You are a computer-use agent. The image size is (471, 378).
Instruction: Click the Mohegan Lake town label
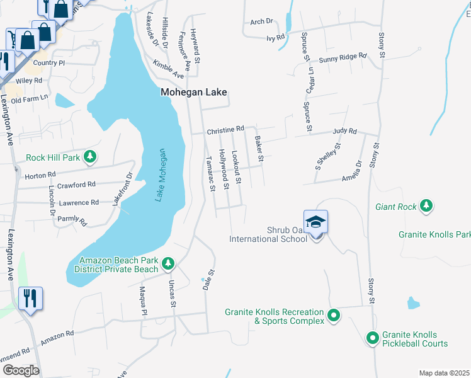pos(193,92)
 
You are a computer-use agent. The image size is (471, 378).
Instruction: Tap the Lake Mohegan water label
pos(161,175)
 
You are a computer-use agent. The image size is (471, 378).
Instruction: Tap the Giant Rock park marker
pos(427,206)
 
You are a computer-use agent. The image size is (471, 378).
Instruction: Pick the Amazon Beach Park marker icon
pos(167,264)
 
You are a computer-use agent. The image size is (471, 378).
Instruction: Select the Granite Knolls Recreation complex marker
pos(334,316)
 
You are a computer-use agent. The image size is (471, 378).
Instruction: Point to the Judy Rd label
pos(344,132)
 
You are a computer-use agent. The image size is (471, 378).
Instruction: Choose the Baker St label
pos(258,149)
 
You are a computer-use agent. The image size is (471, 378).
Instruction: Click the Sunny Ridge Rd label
pos(343,57)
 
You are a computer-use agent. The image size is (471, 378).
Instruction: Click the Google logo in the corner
pos(21,370)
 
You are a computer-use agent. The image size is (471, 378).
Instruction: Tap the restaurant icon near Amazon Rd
pos(30,298)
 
